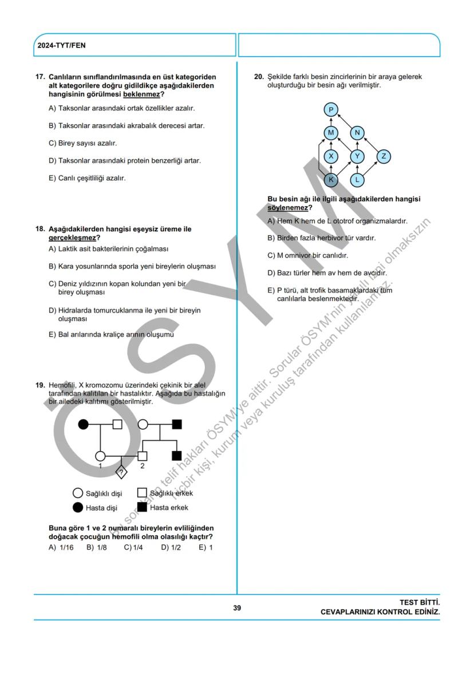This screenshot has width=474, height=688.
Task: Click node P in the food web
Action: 331,110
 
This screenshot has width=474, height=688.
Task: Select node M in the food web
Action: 331,133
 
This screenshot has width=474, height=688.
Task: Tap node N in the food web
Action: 357,133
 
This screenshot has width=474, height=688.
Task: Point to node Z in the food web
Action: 384,156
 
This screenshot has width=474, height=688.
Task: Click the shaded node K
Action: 331,180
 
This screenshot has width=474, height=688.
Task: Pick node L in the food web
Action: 357,180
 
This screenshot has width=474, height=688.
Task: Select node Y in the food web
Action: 357,156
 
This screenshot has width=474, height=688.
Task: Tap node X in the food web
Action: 331,156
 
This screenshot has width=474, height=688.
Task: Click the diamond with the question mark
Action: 121,472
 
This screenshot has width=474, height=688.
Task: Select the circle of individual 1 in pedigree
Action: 100,456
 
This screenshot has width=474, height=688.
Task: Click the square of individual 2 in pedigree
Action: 143,456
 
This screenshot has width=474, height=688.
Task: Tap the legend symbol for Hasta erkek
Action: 142,507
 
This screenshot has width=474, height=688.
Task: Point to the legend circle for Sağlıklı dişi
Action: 78,493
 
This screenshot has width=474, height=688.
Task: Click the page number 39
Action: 237,608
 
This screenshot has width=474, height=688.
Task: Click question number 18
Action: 40,229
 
